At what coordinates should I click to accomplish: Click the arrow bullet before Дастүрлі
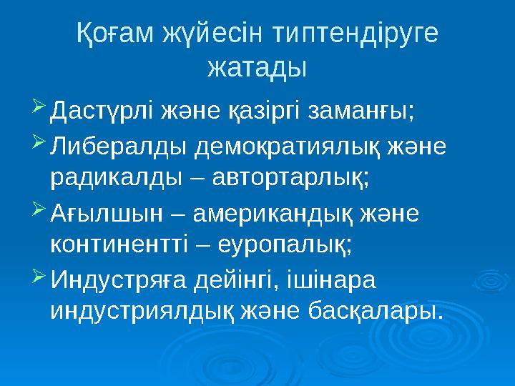click(40, 109)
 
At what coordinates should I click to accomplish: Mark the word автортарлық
click(289, 178)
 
